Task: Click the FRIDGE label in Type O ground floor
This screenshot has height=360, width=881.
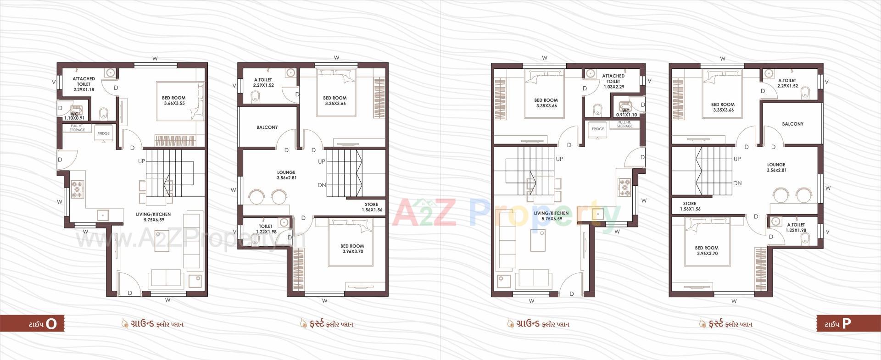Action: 103,133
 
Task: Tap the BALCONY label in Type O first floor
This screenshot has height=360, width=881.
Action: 267,127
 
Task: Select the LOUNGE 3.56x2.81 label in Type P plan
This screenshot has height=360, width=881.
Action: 776,167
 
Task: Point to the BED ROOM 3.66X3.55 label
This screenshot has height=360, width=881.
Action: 173,100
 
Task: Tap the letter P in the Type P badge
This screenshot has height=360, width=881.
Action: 846,323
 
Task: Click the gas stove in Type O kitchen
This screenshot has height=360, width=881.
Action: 77,189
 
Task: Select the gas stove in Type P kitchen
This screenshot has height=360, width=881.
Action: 625,186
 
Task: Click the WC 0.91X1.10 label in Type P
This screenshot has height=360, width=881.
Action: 625,113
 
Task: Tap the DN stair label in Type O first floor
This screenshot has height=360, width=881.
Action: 322,185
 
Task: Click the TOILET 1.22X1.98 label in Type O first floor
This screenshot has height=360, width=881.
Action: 266,229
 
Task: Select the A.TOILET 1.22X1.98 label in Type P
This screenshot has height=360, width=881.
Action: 796,227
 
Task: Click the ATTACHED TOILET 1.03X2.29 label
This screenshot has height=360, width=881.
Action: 613,81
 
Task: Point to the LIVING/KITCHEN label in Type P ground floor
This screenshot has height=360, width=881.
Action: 551,216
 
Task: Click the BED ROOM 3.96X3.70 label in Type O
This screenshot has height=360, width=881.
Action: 352,249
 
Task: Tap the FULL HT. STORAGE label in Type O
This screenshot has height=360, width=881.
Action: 77,128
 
